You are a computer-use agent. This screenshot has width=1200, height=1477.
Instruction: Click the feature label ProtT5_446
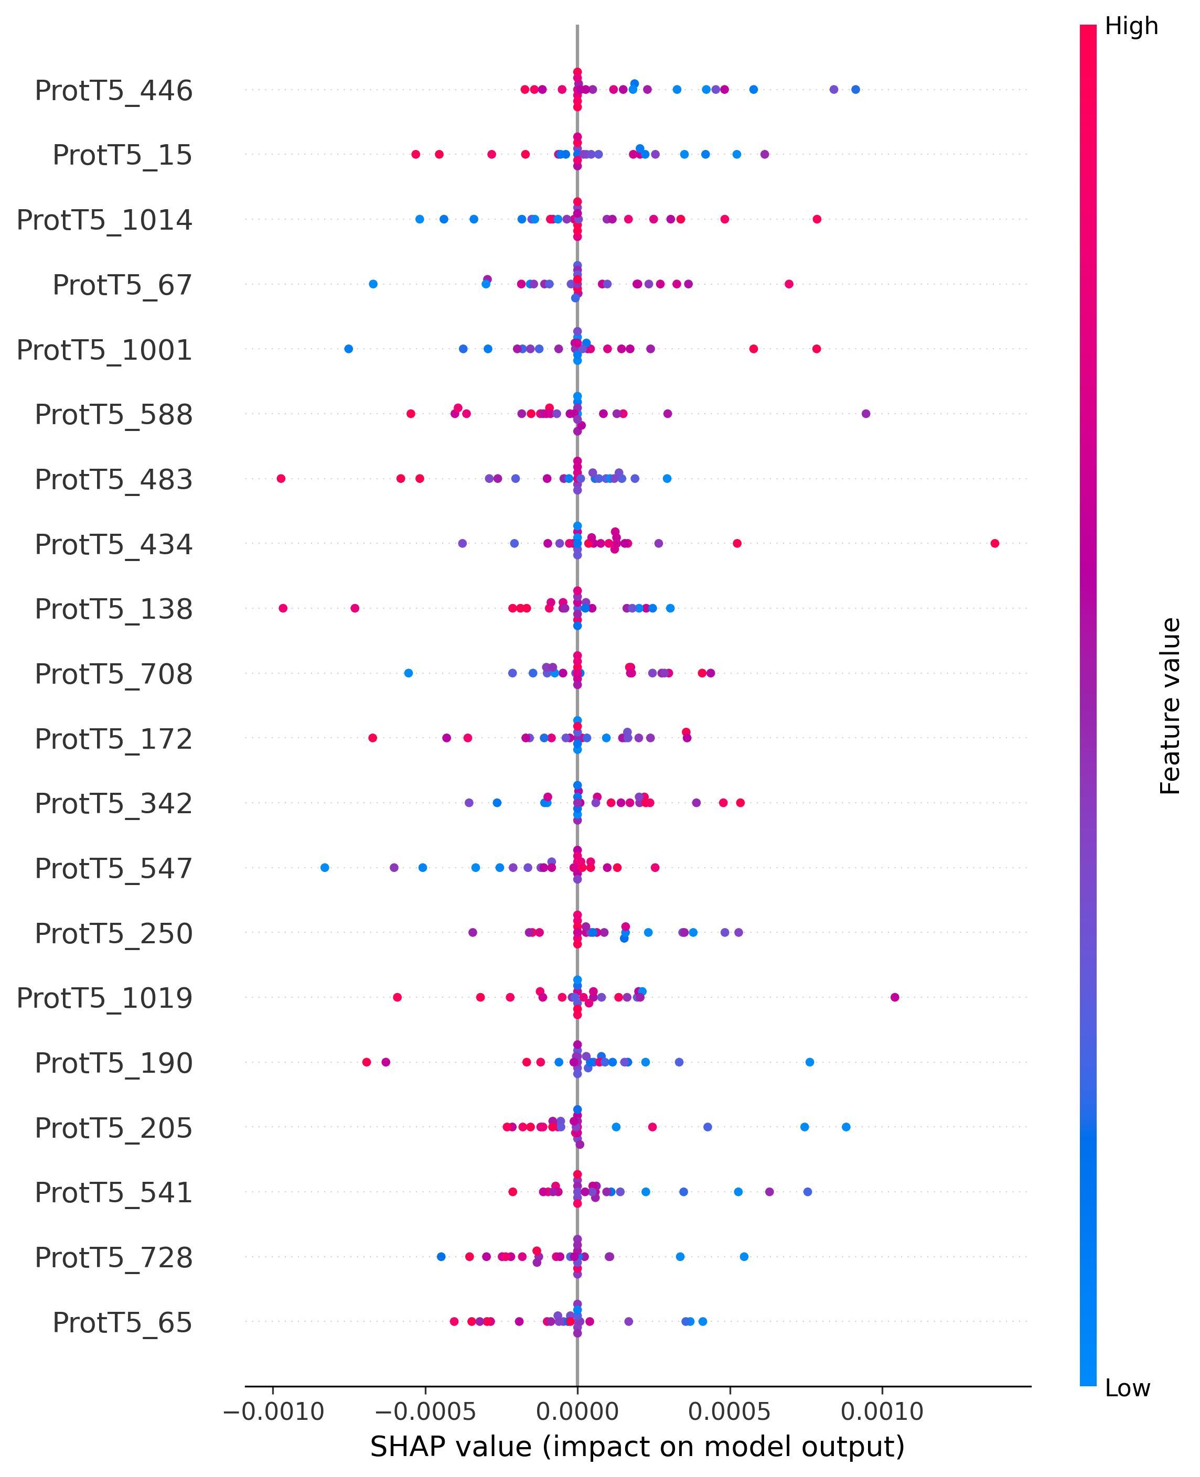coord(113,91)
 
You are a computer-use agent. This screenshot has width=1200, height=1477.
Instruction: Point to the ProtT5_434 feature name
coord(113,545)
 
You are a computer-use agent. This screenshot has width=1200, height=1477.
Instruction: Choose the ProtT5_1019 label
coord(104,998)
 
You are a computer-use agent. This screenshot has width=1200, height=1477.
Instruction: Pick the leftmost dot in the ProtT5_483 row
coord(281,478)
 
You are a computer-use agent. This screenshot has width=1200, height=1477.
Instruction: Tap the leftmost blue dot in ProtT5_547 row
coord(325,867)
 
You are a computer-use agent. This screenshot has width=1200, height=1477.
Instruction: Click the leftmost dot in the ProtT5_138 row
coord(283,608)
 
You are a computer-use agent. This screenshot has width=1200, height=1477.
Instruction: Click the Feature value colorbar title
coord(1170,706)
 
